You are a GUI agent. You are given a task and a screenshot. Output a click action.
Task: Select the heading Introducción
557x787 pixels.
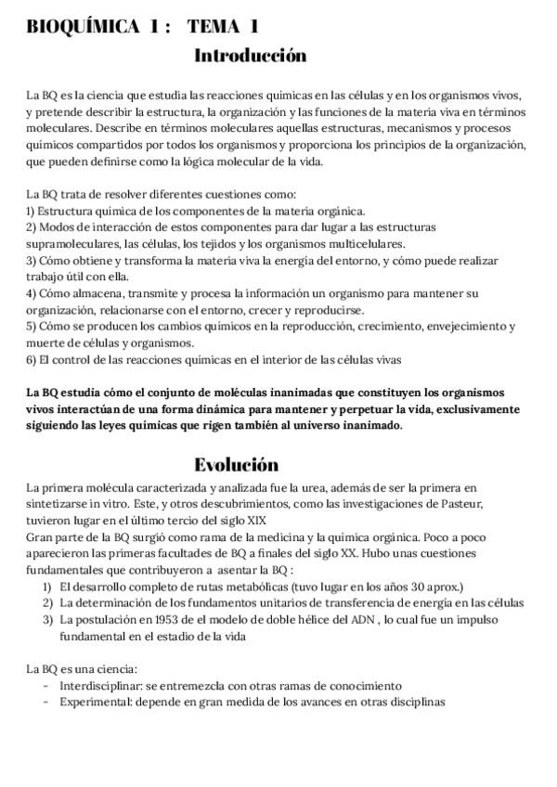coord(250,57)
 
